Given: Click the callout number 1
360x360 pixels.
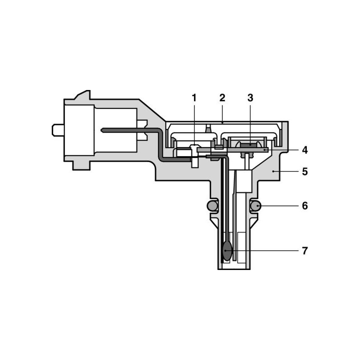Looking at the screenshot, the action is click(194, 98).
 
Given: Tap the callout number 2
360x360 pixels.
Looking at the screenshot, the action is click(222, 98).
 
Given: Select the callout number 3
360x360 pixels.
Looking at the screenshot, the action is click(250, 98).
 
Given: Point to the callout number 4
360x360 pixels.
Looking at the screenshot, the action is click(305, 150).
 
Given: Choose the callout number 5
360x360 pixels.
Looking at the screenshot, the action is click(305, 171).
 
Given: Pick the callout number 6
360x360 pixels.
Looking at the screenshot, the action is click(305, 206).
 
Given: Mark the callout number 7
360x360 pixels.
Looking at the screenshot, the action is click(305, 251).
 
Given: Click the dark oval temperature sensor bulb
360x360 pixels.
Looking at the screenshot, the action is click(227, 251).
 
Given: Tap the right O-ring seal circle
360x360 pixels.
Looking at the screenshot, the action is click(256, 206).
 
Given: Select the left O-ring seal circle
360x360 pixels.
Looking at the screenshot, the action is click(212, 206).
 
